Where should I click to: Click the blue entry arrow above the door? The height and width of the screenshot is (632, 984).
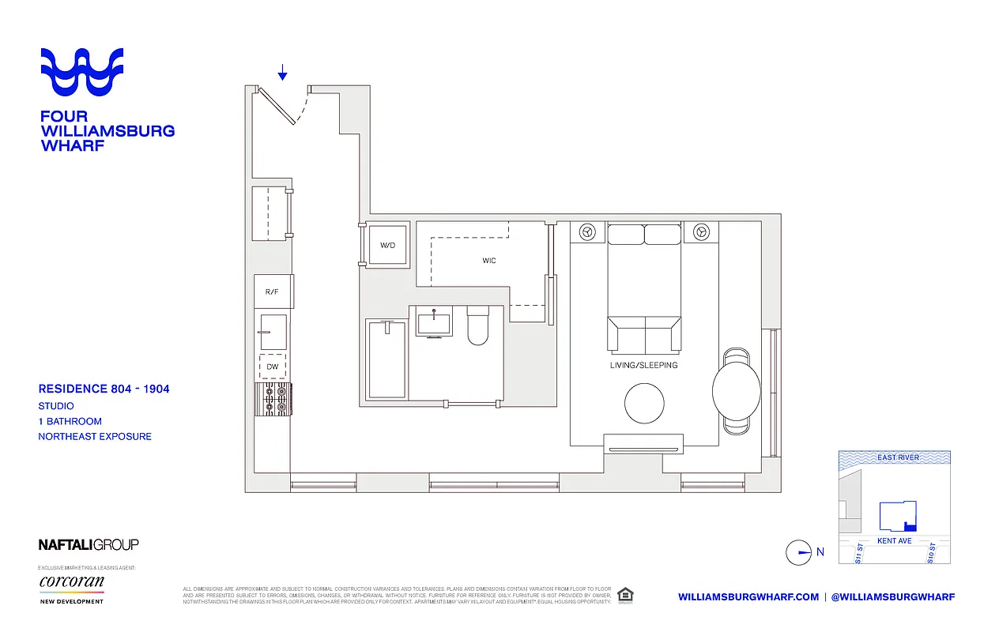[x=282, y=73]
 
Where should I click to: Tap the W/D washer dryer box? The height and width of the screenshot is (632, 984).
[x=387, y=246]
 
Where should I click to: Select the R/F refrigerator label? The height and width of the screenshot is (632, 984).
[x=272, y=292]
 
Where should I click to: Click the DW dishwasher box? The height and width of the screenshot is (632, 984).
[x=273, y=367]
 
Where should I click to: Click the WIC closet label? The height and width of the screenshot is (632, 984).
[x=489, y=261]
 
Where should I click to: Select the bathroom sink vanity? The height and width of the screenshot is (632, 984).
[x=433, y=324]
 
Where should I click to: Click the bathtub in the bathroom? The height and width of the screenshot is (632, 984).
[x=387, y=359]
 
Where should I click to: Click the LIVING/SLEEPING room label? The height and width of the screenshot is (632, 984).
[x=643, y=366]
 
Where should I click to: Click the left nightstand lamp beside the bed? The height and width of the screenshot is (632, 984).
[x=587, y=232]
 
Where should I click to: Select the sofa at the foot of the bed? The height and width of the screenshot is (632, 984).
[x=643, y=335]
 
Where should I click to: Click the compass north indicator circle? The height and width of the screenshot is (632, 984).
[x=798, y=552]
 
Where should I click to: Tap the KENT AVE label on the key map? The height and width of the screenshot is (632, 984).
[x=894, y=541]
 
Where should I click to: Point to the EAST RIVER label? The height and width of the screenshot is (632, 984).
[x=898, y=457]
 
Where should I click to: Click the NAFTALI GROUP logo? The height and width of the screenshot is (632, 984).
[x=89, y=544]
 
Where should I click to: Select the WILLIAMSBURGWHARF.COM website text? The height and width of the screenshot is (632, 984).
[x=748, y=597]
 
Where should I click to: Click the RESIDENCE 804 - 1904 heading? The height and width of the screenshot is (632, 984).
[x=104, y=389]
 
